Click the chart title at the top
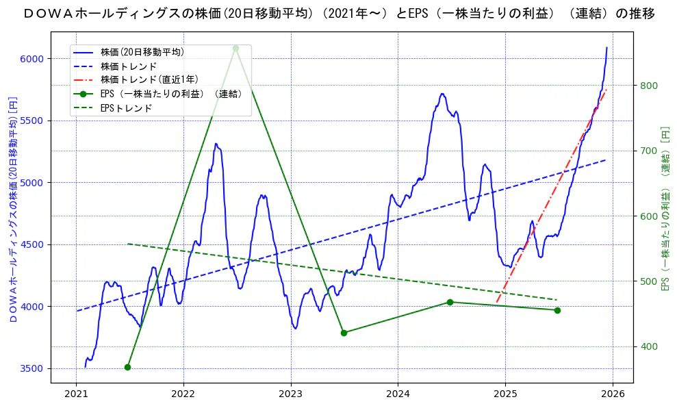tap(338, 14)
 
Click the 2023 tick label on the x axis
tap(291, 394)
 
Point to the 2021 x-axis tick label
tap(76, 394)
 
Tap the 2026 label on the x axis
tap(613, 394)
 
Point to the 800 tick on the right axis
tap(648, 86)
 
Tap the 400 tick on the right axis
tap(648, 346)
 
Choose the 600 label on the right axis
tap(648, 216)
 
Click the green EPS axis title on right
tap(665, 210)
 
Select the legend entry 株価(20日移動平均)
tap(142, 52)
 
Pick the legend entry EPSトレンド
tap(126, 108)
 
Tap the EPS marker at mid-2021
tap(127, 368)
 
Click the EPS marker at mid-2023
tap(344, 333)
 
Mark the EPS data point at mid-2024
tap(450, 302)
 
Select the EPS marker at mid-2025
tap(557, 310)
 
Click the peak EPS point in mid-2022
tap(235, 48)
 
